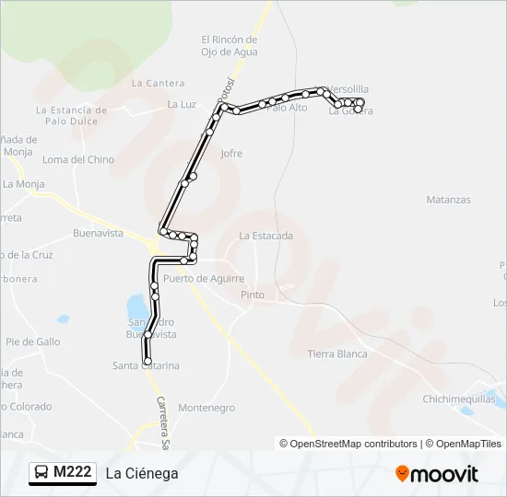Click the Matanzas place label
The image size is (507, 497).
448,200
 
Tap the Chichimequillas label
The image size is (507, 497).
458,399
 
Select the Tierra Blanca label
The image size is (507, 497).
337,354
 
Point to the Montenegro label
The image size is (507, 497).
206,408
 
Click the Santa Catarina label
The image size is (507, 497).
146,366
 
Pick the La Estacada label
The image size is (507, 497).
265,236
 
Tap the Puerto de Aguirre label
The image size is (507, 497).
204,278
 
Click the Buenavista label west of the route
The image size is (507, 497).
98,234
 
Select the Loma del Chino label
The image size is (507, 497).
78,160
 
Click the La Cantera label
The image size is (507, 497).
159,83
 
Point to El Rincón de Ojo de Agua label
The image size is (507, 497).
229,46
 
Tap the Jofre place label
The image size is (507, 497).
231,154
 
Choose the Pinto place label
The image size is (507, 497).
252,295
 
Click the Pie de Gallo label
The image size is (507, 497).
33,341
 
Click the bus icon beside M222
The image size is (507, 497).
41,473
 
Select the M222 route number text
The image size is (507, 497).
73,473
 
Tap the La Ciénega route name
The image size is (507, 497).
141,474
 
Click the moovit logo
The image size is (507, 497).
437,474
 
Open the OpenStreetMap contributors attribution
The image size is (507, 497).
348,444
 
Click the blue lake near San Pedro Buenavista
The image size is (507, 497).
136,305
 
